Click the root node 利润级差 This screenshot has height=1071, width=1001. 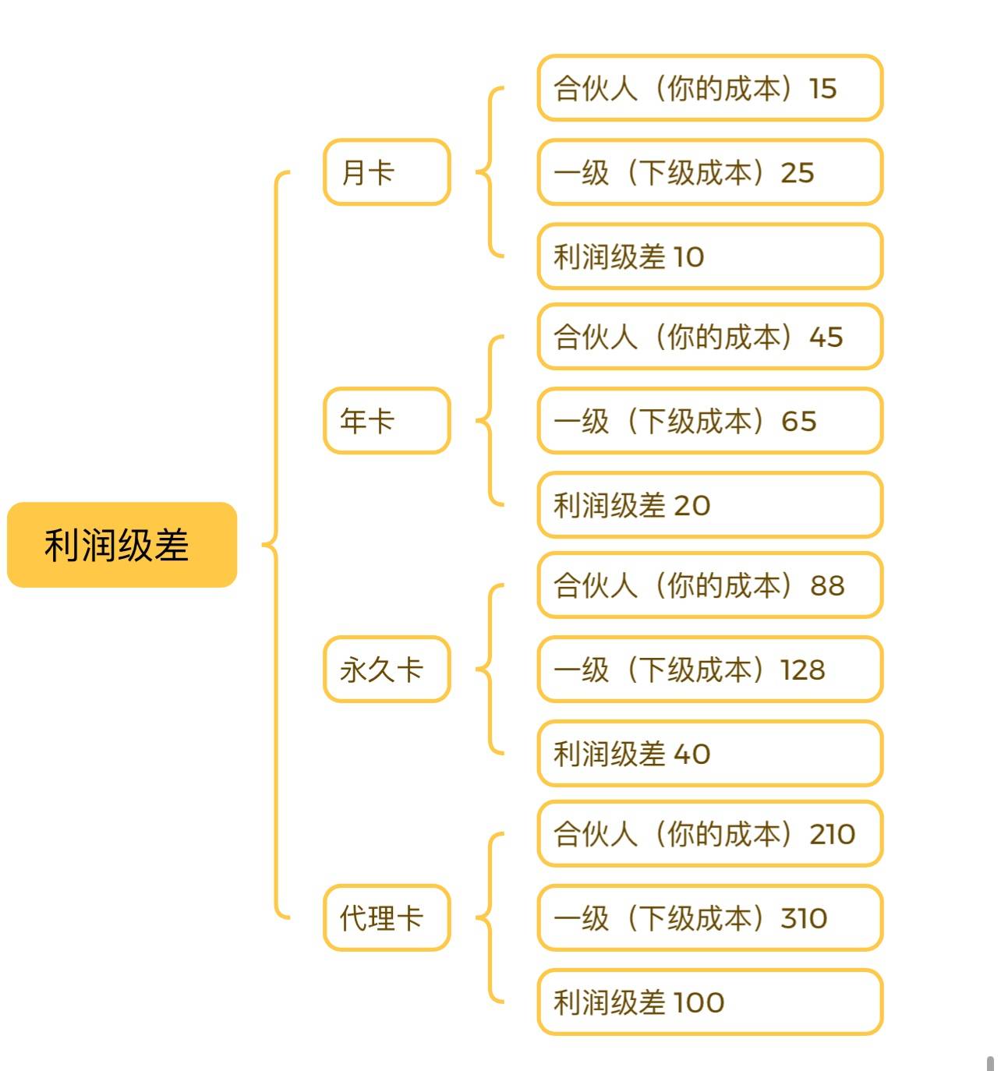122,545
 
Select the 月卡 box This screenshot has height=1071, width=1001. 387,172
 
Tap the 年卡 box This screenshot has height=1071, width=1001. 387,421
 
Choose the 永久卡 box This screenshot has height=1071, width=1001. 387,670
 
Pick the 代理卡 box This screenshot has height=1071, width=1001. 387,918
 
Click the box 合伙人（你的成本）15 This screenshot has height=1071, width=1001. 709,88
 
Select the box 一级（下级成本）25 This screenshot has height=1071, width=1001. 709,172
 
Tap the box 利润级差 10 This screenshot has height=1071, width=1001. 709,256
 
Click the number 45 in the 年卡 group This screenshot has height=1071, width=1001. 826,337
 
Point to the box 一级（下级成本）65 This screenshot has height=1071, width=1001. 709,421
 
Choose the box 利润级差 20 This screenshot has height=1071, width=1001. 709,505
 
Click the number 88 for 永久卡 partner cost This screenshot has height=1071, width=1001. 827,585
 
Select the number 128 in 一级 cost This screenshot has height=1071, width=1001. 803,670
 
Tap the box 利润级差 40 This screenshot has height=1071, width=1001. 709,754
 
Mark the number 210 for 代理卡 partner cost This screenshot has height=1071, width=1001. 832,834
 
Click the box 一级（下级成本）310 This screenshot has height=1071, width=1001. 709,918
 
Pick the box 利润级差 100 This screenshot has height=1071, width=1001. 709,1002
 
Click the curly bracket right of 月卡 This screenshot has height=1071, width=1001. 490,172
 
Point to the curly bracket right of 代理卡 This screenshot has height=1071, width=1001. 490,918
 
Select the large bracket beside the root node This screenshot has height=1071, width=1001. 275,544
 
